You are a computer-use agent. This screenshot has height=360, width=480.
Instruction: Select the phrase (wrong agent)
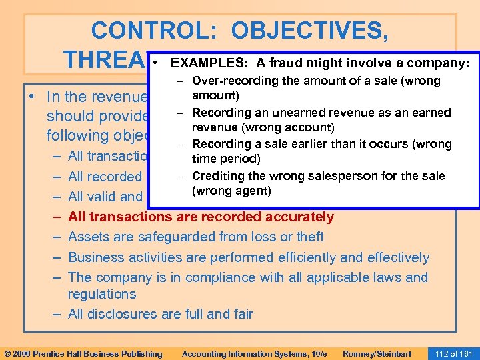tap(231, 191)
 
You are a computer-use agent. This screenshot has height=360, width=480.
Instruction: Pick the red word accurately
tap(301, 216)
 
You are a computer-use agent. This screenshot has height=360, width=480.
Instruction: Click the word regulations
tap(102, 294)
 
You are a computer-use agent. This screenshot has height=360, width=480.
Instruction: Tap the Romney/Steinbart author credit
tap(377, 353)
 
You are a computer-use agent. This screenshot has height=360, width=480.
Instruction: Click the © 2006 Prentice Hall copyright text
tap(83, 353)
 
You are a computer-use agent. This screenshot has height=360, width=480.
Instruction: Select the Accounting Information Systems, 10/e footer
tap(254, 353)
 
